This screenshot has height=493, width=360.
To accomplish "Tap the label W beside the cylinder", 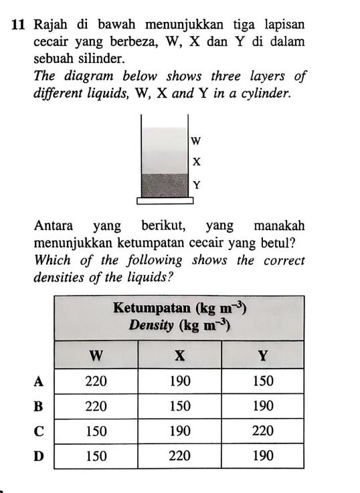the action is [x=195, y=140].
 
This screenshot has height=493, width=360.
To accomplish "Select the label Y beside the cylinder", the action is [x=195, y=185].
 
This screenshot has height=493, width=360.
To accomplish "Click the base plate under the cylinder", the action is [x=165, y=200].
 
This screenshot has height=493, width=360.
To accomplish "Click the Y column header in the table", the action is [x=262, y=355].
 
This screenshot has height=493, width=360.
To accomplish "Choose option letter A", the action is [x=39, y=381].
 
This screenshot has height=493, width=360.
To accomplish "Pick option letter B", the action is [x=39, y=405].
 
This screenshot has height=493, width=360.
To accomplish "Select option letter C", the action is [x=39, y=431].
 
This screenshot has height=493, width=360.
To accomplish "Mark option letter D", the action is [x=39, y=456].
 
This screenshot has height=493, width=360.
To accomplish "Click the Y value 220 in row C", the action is [x=262, y=431].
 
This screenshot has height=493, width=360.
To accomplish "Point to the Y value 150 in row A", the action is [x=262, y=381].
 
